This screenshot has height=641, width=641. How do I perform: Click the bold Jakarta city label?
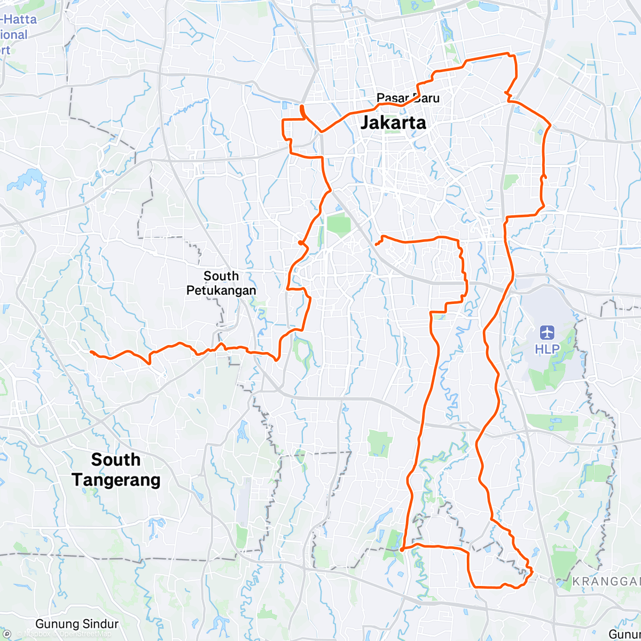(394, 123)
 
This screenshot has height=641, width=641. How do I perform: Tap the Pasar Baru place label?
(408, 98)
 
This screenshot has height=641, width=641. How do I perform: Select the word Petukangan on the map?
(221, 291)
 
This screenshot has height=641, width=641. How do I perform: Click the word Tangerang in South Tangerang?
(116, 480)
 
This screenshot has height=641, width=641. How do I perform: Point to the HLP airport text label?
(548, 349)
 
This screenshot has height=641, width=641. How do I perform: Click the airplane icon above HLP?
(547, 333)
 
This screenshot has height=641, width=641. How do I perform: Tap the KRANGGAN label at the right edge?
(606, 581)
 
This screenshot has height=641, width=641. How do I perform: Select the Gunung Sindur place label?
(77, 624)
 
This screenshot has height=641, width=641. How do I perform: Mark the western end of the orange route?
(91, 351)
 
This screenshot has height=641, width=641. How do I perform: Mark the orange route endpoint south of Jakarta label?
(377, 244)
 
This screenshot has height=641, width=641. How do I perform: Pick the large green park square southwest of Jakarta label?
(338, 223)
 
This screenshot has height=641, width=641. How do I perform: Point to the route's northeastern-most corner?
(509, 54)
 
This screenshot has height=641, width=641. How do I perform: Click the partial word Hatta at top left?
(20, 20)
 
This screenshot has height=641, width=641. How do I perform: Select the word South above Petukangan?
(221, 276)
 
